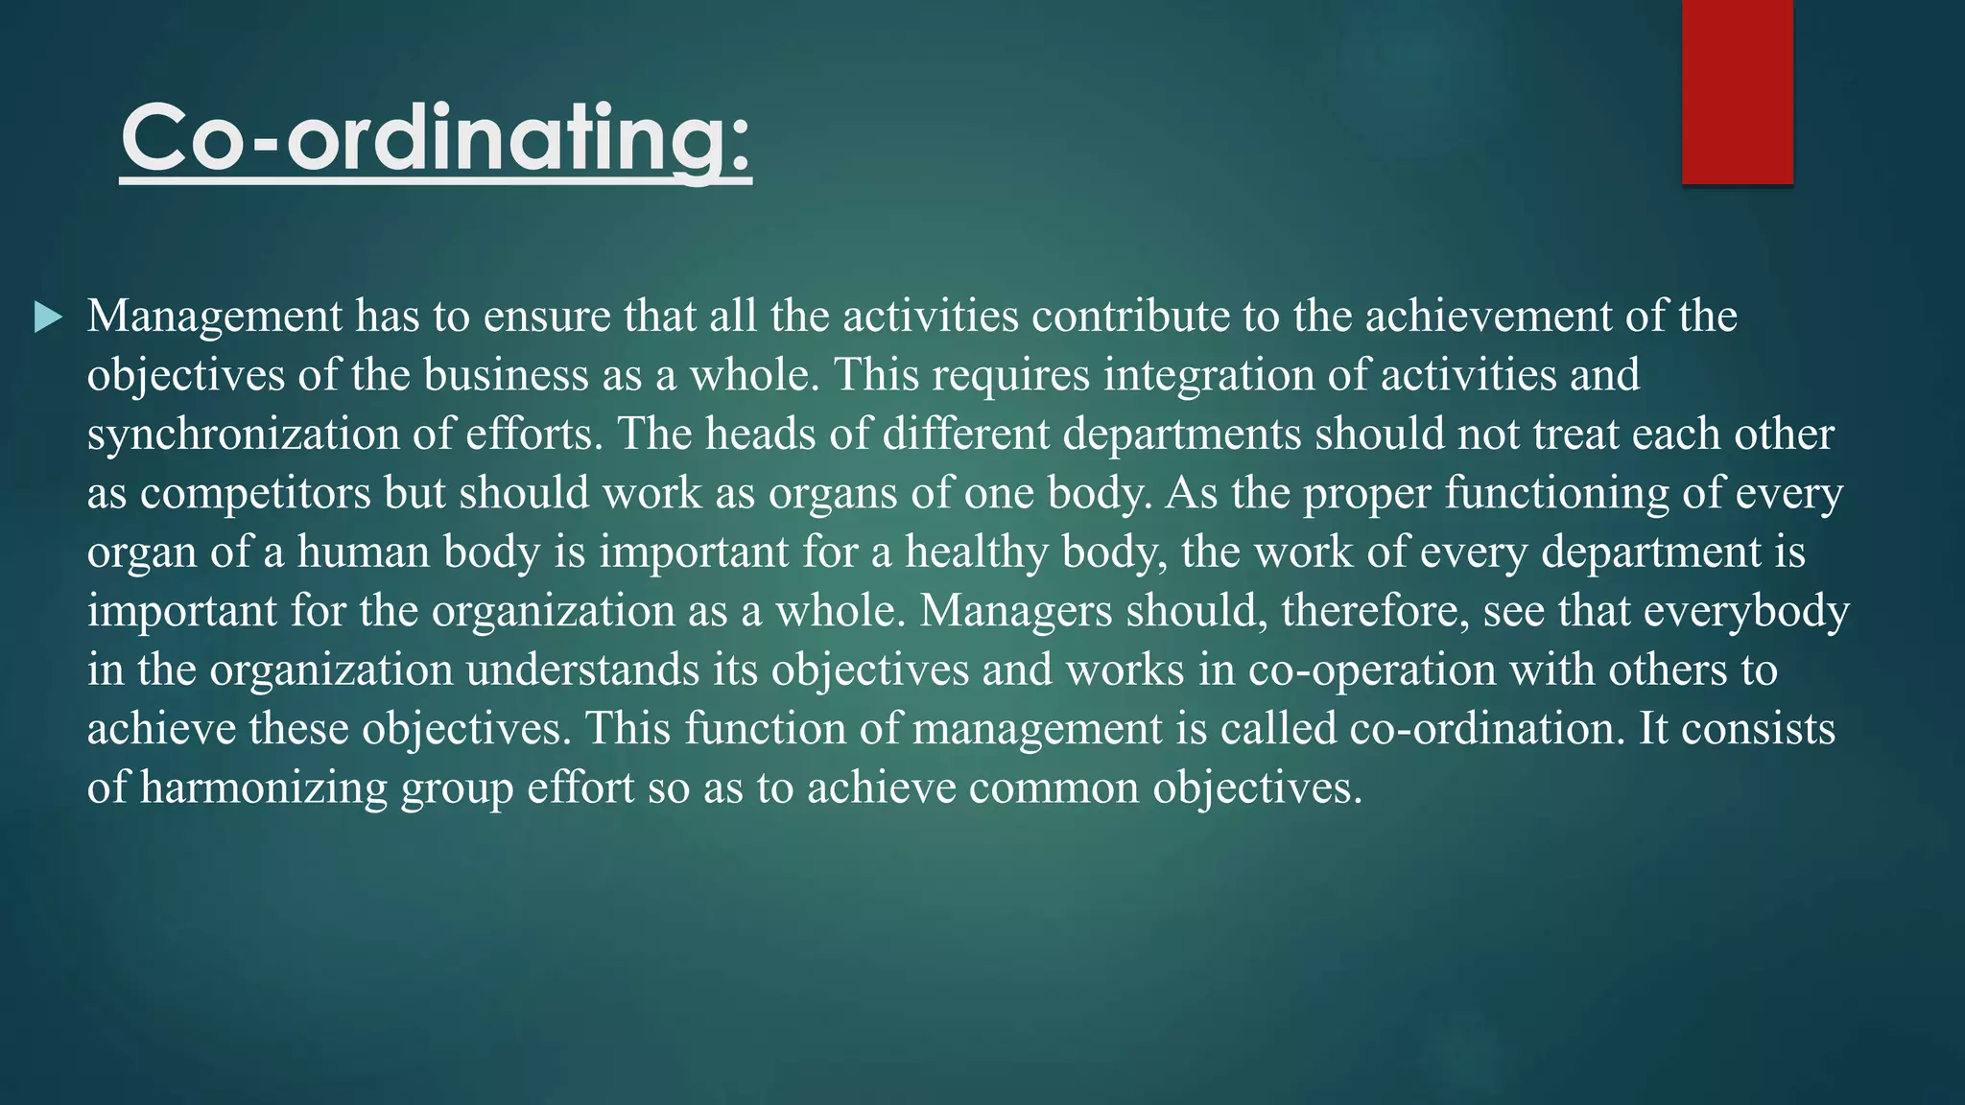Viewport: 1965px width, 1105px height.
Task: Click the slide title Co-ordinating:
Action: point(436,140)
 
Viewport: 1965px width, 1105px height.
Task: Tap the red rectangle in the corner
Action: point(1737,92)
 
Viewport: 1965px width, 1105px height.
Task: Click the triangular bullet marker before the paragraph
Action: point(48,317)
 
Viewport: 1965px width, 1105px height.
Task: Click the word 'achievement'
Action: point(1488,317)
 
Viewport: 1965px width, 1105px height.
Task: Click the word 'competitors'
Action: point(255,493)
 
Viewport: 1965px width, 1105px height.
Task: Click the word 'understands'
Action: point(583,670)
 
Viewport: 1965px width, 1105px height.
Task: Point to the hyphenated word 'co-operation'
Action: point(1372,670)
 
